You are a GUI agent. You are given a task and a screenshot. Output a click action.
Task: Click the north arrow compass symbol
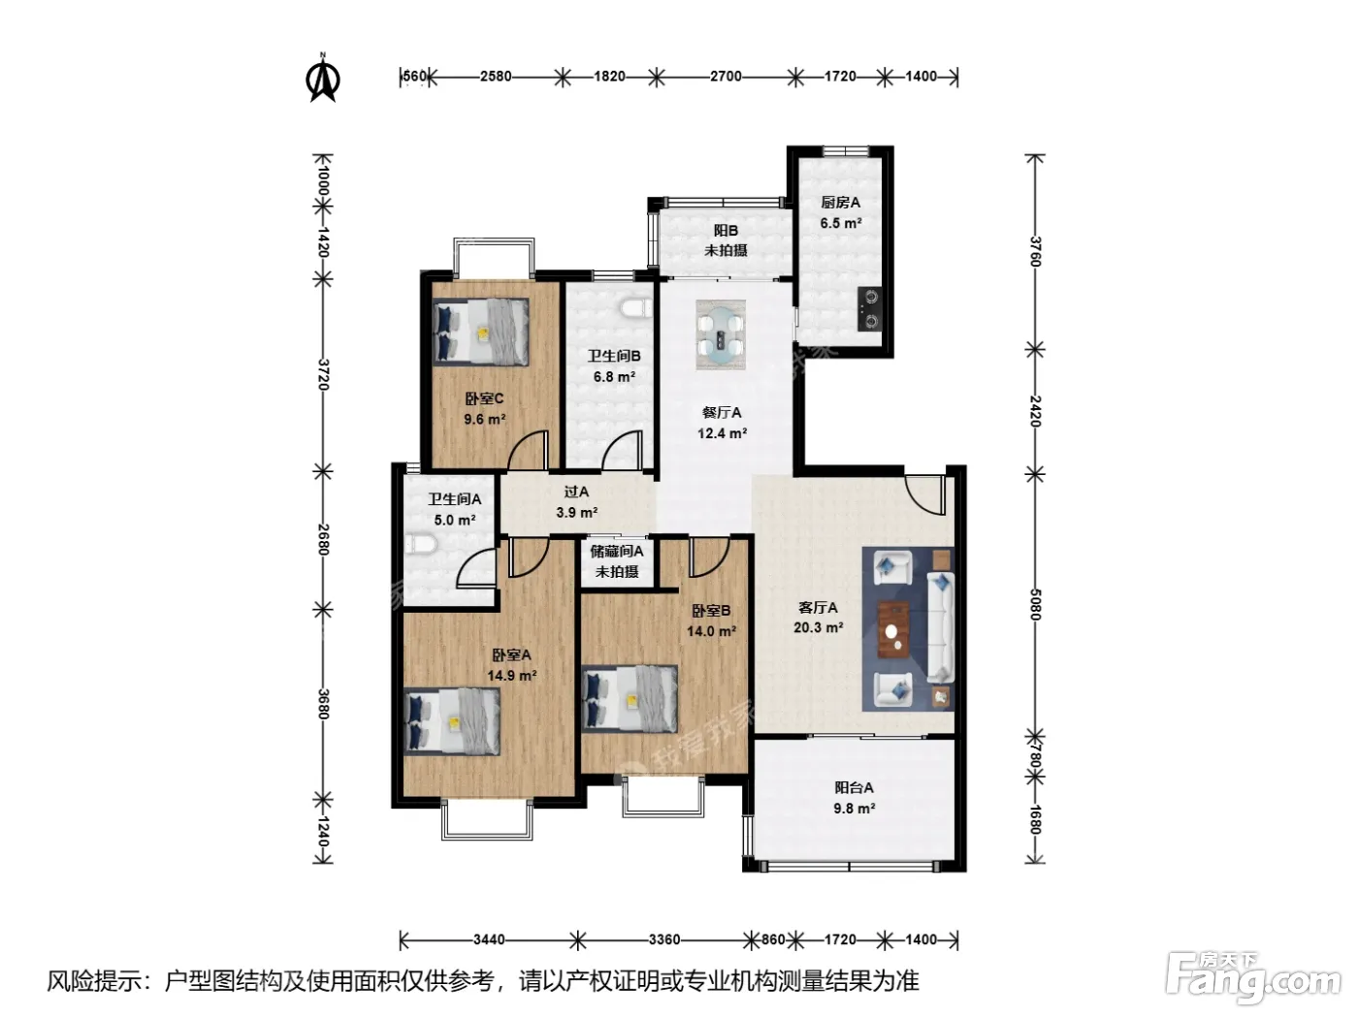322,79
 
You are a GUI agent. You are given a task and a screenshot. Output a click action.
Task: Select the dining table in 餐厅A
720,334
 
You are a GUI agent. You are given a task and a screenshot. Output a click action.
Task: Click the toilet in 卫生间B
635,307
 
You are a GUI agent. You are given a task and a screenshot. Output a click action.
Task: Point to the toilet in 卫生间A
421,545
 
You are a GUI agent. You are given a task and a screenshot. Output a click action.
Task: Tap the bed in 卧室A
452,722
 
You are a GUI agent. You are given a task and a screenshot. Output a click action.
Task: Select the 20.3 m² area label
818,628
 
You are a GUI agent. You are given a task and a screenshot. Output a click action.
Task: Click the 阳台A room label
854,788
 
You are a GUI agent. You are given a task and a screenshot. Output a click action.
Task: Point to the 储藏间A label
617,552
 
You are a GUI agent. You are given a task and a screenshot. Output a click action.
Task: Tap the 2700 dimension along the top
726,77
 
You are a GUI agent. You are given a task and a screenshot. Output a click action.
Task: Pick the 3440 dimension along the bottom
489,940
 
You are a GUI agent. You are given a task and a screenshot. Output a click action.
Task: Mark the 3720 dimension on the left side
323,374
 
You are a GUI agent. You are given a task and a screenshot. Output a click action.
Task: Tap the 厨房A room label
840,203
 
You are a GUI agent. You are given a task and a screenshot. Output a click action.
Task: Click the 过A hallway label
576,492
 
